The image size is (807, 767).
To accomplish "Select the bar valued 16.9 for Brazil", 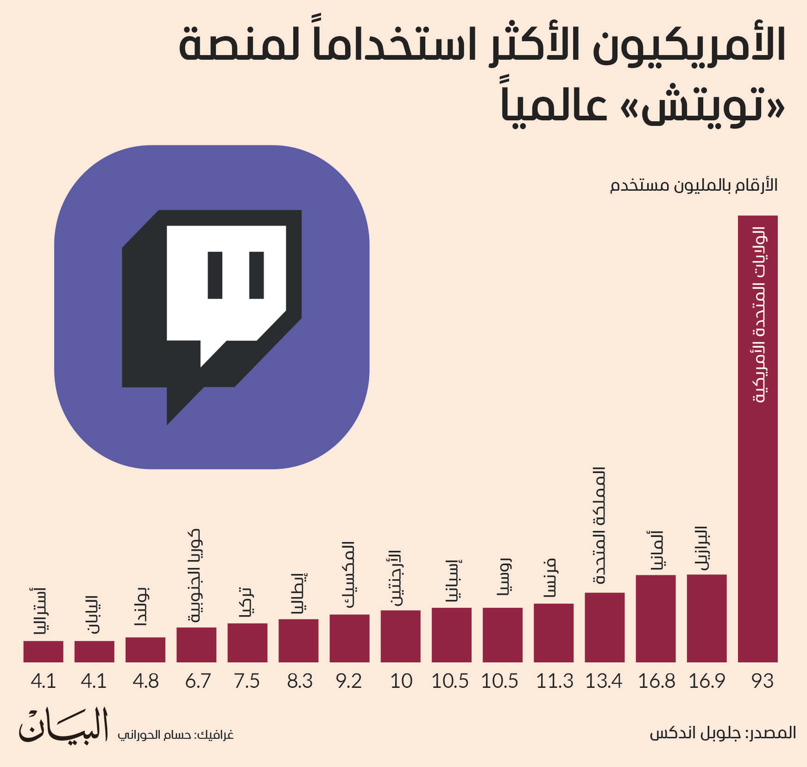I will point(706,618).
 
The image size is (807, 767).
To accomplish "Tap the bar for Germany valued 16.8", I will point(655,618).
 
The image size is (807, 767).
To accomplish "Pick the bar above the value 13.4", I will point(604,627).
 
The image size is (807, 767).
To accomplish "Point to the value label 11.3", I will point(554,681).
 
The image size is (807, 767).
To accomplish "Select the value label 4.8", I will point(145,681).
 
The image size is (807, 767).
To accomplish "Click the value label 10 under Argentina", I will point(401,681).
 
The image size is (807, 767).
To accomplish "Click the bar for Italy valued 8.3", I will point(298,640).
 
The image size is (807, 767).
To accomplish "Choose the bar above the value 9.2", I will point(349,638).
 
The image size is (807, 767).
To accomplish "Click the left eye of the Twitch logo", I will point(215,275).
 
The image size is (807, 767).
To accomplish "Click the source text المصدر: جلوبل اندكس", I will point(722,733).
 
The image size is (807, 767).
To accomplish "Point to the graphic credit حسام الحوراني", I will point(175,735).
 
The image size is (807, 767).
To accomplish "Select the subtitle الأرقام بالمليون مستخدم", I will point(694,186).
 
